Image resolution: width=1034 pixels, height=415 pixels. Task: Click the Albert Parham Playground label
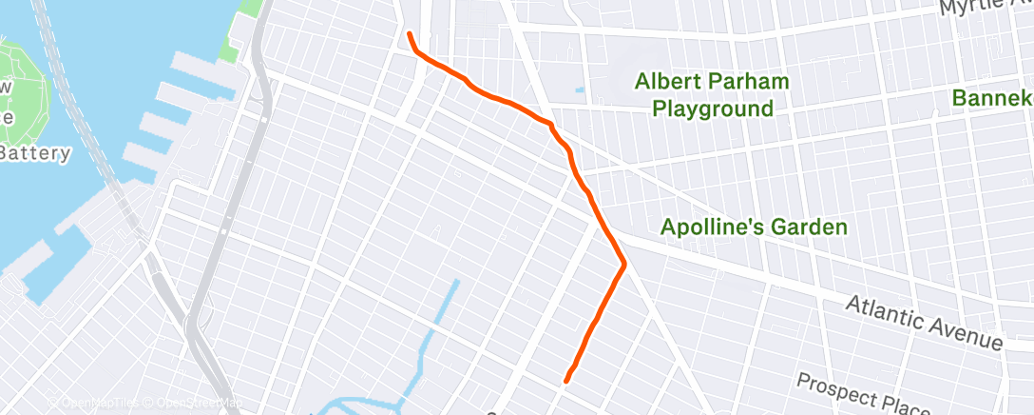pos(712,95)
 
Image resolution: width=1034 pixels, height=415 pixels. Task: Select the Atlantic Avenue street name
pos(925,321)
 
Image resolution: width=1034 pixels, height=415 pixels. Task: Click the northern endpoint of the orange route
pos(410,34)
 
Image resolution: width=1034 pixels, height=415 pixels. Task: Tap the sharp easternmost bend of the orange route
pos(623,264)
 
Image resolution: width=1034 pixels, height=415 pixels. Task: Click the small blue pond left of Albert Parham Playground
pos(579,92)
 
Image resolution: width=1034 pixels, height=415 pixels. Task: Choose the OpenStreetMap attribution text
pos(195,404)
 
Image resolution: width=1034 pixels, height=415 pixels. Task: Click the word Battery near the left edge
pos(35,153)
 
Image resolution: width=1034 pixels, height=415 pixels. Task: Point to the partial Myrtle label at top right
pos(985,8)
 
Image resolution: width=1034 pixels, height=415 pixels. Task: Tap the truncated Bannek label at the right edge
pos(992,98)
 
